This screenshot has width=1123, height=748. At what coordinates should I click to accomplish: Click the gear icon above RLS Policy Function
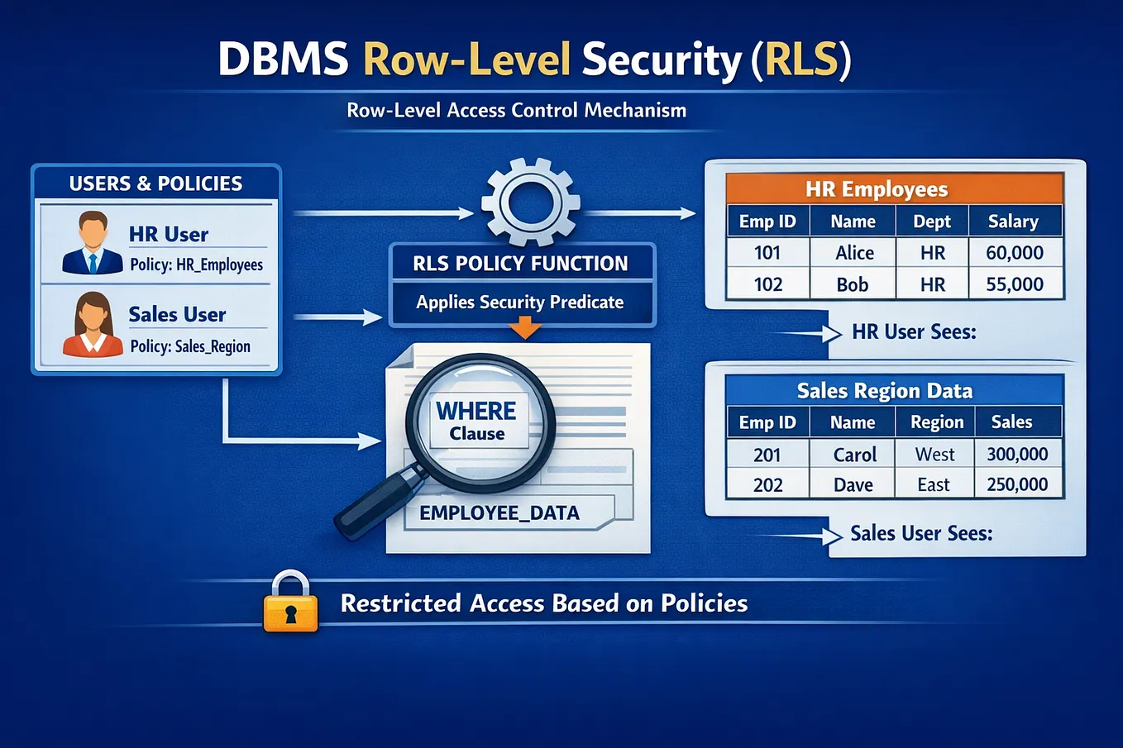[x=530, y=202]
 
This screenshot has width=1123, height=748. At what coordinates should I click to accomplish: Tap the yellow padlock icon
[x=291, y=601]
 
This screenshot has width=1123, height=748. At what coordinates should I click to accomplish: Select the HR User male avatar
[x=93, y=242]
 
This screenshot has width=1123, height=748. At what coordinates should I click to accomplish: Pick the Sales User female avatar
[x=93, y=324]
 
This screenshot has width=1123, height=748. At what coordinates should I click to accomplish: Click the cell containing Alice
[x=853, y=253]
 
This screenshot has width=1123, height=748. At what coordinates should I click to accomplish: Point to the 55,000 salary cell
[x=1015, y=284]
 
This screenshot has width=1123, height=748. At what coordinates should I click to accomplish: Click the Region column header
[x=935, y=422]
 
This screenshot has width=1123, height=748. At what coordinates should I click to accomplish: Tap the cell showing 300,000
[x=1018, y=454]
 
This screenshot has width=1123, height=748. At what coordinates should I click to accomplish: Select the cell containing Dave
[x=853, y=484]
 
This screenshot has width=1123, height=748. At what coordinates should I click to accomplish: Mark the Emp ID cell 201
[x=767, y=455]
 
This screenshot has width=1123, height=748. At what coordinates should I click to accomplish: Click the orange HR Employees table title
[x=895, y=189]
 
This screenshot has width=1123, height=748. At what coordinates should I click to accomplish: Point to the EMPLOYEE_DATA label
[x=499, y=512]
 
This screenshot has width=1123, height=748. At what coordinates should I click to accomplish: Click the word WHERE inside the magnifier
[x=475, y=412]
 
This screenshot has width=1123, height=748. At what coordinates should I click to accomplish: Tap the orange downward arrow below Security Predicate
[x=525, y=327]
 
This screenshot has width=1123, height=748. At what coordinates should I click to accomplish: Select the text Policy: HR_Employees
[x=196, y=264]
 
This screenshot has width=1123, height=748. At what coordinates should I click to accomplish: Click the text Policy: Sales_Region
[x=190, y=346]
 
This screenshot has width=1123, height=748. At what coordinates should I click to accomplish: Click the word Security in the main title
[x=662, y=60]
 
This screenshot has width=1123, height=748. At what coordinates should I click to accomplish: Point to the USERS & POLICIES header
[x=156, y=183]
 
